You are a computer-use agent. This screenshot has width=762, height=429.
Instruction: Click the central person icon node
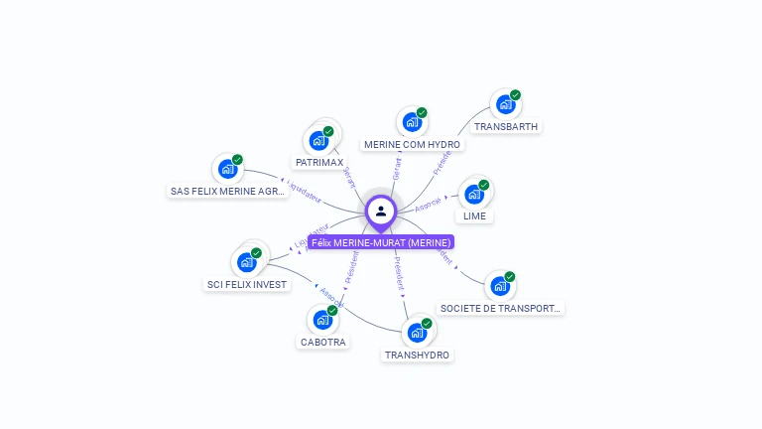[x=381, y=212]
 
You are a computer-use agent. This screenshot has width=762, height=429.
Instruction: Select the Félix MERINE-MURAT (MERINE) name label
[x=381, y=242]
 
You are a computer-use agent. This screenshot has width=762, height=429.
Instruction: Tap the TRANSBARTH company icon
[x=505, y=104]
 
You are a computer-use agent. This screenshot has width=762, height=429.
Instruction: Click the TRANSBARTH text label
[x=506, y=127]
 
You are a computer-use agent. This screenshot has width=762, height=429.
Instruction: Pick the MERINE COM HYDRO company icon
[x=412, y=122]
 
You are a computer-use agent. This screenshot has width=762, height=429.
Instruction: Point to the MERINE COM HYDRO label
[x=412, y=145]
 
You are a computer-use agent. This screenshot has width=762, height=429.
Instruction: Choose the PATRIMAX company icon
[x=318, y=140]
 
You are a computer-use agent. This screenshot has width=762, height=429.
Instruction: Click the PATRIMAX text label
[x=319, y=162]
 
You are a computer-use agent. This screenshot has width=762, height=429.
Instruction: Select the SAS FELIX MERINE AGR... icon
[x=227, y=169]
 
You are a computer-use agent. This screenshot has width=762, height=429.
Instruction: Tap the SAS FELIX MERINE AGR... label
[x=228, y=192]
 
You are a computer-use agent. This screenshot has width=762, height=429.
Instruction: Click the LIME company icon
[x=474, y=194]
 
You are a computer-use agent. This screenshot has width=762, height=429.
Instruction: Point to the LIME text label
[x=474, y=216]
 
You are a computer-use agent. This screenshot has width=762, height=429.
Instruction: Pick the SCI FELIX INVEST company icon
[x=246, y=262]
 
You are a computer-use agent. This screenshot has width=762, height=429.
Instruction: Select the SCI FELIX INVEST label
[x=246, y=285]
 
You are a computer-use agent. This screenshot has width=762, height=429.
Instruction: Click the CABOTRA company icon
[x=322, y=320]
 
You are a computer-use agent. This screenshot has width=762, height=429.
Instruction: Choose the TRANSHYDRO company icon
[x=417, y=333]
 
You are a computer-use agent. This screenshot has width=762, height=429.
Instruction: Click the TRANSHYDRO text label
[x=417, y=356]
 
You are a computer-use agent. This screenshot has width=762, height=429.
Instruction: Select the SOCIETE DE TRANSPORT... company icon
[x=500, y=286]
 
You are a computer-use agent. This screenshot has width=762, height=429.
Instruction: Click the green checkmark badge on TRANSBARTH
[x=516, y=95]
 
